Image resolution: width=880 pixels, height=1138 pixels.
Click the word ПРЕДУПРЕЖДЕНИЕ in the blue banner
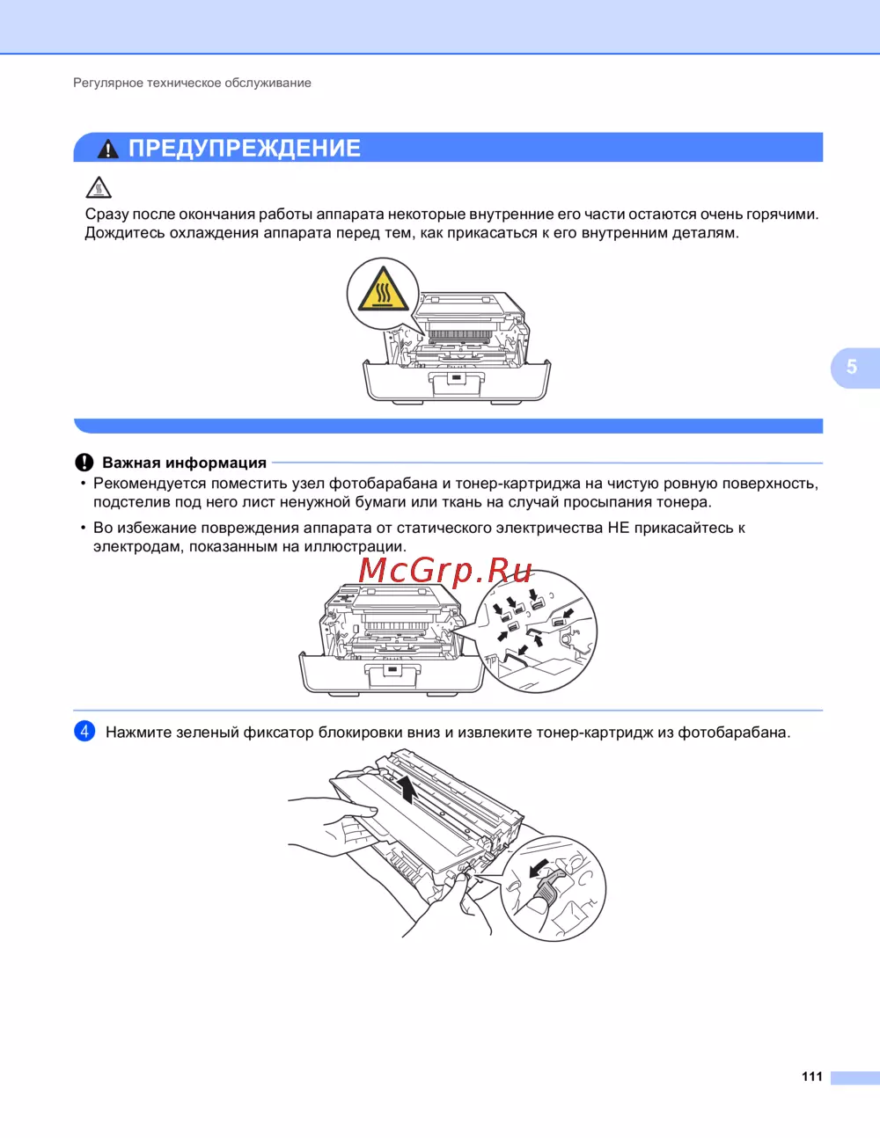[x=245, y=149]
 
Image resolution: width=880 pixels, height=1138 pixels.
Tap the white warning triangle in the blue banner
[x=108, y=149]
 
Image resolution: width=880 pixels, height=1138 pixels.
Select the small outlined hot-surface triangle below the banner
[x=99, y=187]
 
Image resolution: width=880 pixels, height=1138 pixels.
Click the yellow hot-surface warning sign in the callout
[x=383, y=289]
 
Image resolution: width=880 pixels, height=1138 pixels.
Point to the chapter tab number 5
[x=852, y=367]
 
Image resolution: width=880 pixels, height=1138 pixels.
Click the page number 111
[x=812, y=1076]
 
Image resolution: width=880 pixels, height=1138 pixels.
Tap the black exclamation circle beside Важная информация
[x=84, y=463]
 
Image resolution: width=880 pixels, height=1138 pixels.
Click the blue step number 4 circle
[x=84, y=731]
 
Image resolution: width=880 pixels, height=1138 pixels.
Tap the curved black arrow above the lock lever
[x=538, y=868]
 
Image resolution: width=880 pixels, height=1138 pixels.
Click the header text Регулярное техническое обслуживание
[x=192, y=83]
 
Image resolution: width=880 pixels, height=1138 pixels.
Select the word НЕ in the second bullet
[x=618, y=528]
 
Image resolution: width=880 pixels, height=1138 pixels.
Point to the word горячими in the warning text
[x=782, y=215]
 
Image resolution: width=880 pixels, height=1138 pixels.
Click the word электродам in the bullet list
[x=138, y=547]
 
